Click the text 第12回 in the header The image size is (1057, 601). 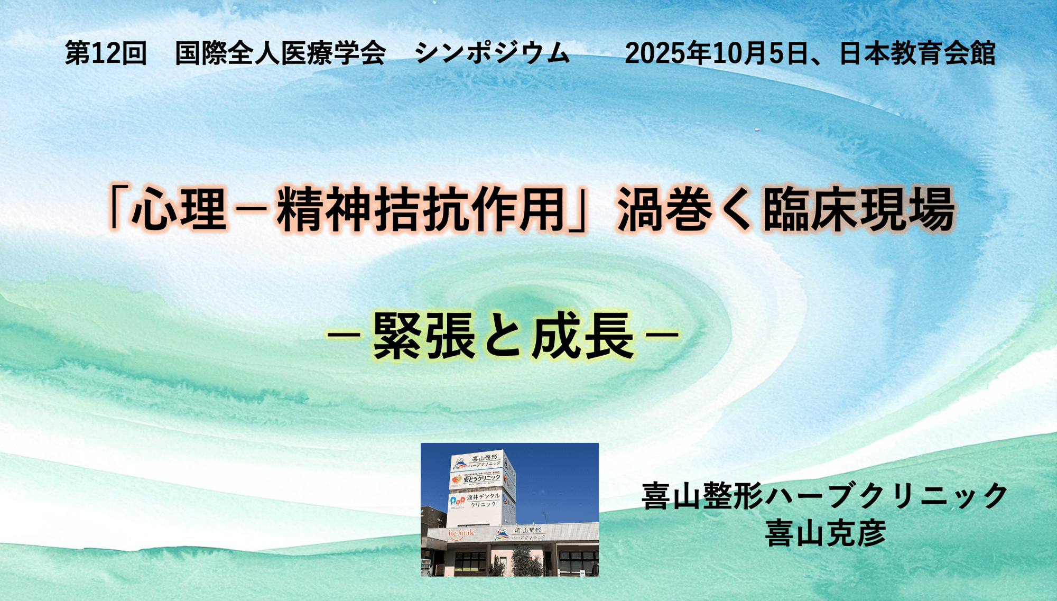point(106,53)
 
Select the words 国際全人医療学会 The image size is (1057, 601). point(280,53)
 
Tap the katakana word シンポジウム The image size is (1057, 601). point(492,53)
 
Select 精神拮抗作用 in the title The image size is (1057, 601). point(421,209)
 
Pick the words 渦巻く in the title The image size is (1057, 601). point(685,209)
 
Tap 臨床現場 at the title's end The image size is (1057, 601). point(859,209)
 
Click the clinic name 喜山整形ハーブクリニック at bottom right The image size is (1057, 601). point(825,496)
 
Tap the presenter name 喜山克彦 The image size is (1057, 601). point(825,533)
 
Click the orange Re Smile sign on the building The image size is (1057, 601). point(461,533)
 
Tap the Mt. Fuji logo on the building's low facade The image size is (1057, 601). point(502,533)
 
